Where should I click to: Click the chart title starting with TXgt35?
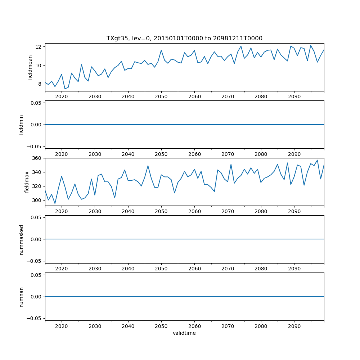click(184, 38)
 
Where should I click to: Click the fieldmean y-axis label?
click(30, 67)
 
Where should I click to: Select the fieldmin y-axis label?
click(21, 125)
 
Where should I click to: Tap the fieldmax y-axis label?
click(27, 182)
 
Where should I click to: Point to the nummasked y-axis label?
click(21, 239)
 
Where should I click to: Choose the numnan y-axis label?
click(21, 297)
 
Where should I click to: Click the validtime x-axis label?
click(184, 333)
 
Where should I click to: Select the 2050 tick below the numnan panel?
click(161, 326)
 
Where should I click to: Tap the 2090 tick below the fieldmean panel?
click(294, 97)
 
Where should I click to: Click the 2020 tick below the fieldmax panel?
click(62, 211)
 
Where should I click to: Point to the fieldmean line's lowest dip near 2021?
click(65, 89)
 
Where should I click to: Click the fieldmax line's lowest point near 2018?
click(55, 203)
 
